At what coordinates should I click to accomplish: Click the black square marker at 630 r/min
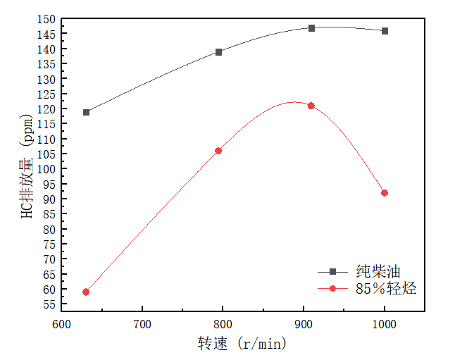[87, 112]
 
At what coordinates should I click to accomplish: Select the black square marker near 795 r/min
[219, 52]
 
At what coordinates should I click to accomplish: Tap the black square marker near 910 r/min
[311, 28]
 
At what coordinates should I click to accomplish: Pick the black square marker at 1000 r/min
[385, 31]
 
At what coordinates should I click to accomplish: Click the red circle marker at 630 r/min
[86, 292]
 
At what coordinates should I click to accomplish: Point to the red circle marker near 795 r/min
[218, 151]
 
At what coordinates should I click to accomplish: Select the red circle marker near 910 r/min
[311, 106]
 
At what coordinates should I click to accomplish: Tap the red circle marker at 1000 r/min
[385, 193]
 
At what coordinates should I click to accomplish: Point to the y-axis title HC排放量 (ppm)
[27, 166]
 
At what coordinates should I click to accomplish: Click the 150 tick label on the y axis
[47, 19]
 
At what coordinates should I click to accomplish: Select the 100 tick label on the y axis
[47, 169]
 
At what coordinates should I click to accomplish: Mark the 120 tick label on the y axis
[47, 109]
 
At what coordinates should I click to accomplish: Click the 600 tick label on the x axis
[62, 325]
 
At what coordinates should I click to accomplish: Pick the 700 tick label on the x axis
[142, 325]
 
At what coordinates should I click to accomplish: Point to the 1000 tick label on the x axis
[385, 325]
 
